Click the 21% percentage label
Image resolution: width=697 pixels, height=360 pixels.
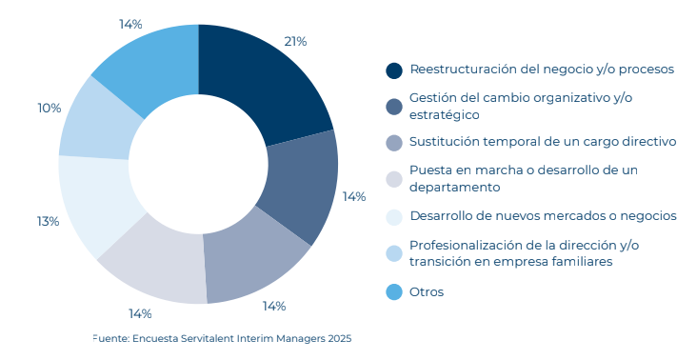295,41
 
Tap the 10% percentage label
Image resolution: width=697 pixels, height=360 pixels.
50,109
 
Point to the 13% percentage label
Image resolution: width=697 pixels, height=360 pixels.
49,221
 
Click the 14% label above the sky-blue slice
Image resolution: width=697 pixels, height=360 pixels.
131,24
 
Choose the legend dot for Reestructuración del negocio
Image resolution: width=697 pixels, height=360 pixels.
394,70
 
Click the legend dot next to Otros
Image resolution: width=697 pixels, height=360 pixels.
394,291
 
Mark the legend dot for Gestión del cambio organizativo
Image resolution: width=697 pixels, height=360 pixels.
394,107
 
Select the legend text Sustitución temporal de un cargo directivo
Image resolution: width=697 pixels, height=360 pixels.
543,141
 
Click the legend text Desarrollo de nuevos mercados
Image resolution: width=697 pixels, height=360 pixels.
543,215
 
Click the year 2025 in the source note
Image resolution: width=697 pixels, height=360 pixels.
338,338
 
